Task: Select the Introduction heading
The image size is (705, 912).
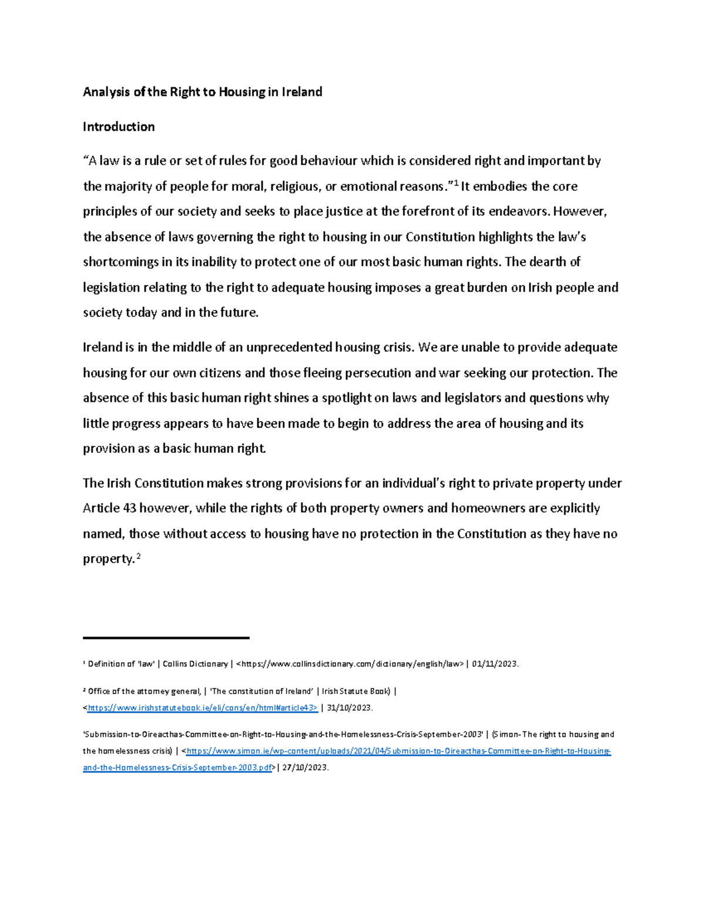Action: (x=119, y=127)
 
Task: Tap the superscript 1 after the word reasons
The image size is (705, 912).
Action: (x=456, y=183)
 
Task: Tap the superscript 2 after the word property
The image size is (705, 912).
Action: (x=139, y=556)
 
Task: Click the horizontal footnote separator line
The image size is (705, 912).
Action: (x=166, y=638)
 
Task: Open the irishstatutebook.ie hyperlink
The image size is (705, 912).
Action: (x=202, y=708)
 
